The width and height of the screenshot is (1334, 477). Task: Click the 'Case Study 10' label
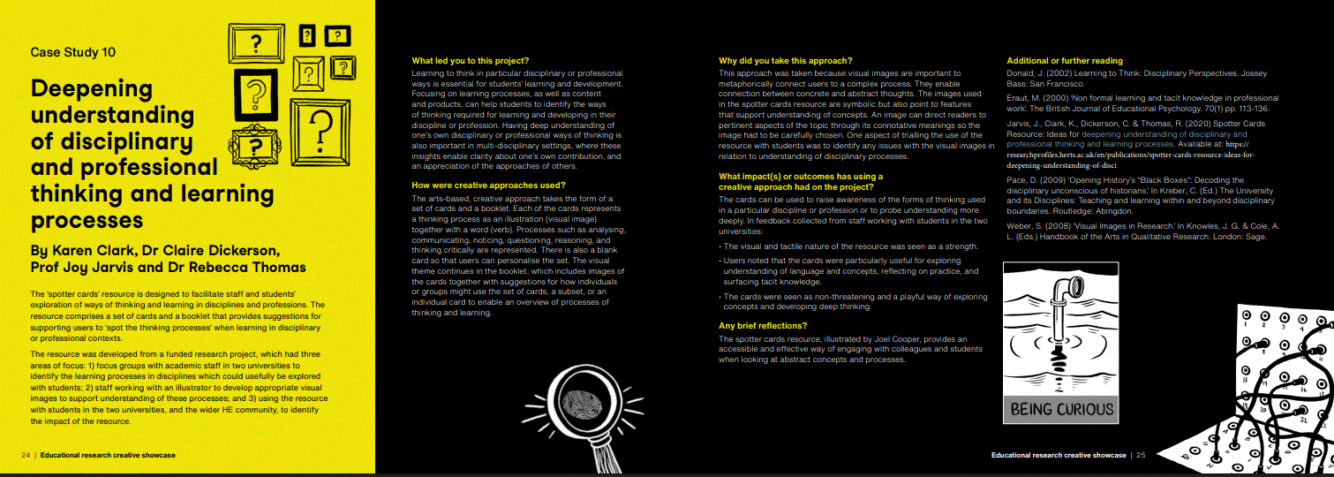[72, 52]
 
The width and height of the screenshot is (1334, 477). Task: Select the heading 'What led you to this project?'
[470, 61]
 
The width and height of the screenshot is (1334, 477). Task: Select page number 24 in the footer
[26, 455]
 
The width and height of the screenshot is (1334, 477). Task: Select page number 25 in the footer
[1140, 455]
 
